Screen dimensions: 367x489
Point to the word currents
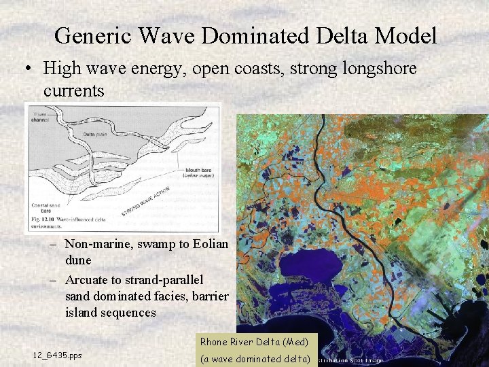[x=73, y=90]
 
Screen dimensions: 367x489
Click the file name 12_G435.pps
[x=57, y=355]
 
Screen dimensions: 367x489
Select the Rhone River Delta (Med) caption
[x=253, y=341]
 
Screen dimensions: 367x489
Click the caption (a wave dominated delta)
[x=255, y=358]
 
